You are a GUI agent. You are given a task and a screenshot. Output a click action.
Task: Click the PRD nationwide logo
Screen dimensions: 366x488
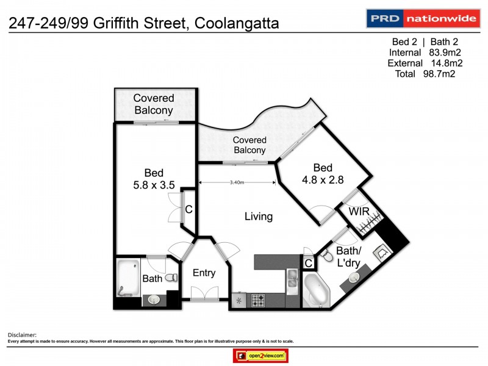coord(422,18)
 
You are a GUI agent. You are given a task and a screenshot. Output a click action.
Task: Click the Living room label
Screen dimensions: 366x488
coord(259,217)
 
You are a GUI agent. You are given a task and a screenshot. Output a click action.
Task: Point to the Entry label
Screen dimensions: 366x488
coord(204,273)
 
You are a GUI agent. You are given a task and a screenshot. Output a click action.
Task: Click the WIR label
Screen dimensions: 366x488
coord(357,212)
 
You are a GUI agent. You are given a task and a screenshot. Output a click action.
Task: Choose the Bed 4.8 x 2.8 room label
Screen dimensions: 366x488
coord(323,174)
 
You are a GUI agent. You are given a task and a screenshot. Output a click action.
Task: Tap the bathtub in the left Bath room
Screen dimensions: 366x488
coord(128,278)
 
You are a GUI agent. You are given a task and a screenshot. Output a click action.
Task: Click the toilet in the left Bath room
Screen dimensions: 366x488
coord(171,278)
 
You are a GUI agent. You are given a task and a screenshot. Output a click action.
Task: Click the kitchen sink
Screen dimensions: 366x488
coord(292,282)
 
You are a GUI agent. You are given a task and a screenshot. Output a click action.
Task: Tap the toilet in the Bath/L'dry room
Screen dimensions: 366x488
coord(328,253)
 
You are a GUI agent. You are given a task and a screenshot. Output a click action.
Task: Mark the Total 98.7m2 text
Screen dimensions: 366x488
coord(423,74)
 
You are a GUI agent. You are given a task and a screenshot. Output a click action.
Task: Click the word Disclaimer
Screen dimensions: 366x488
coord(22,335)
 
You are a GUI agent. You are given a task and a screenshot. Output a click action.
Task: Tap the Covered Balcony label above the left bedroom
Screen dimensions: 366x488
coord(154,104)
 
